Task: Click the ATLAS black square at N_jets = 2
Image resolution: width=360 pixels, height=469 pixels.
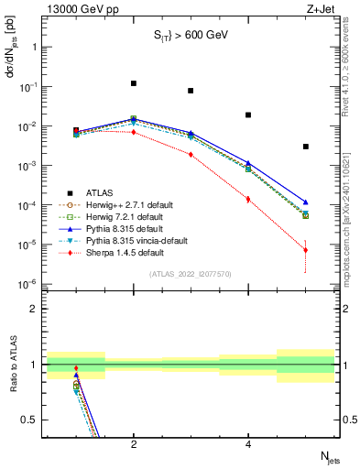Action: tap(134, 83)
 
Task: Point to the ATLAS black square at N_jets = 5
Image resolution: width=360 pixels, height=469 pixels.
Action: tap(306, 147)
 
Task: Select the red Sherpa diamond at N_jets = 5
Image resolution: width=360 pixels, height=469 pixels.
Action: tap(306, 250)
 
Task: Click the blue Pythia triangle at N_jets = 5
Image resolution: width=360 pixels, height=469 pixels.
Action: tap(306, 202)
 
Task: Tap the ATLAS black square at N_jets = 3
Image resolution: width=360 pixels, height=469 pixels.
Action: tap(191, 91)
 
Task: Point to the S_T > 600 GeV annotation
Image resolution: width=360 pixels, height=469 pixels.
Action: tap(190, 36)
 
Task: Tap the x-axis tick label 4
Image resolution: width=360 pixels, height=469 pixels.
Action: tap(248, 444)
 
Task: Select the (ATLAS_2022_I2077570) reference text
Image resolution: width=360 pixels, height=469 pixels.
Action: tap(190, 274)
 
